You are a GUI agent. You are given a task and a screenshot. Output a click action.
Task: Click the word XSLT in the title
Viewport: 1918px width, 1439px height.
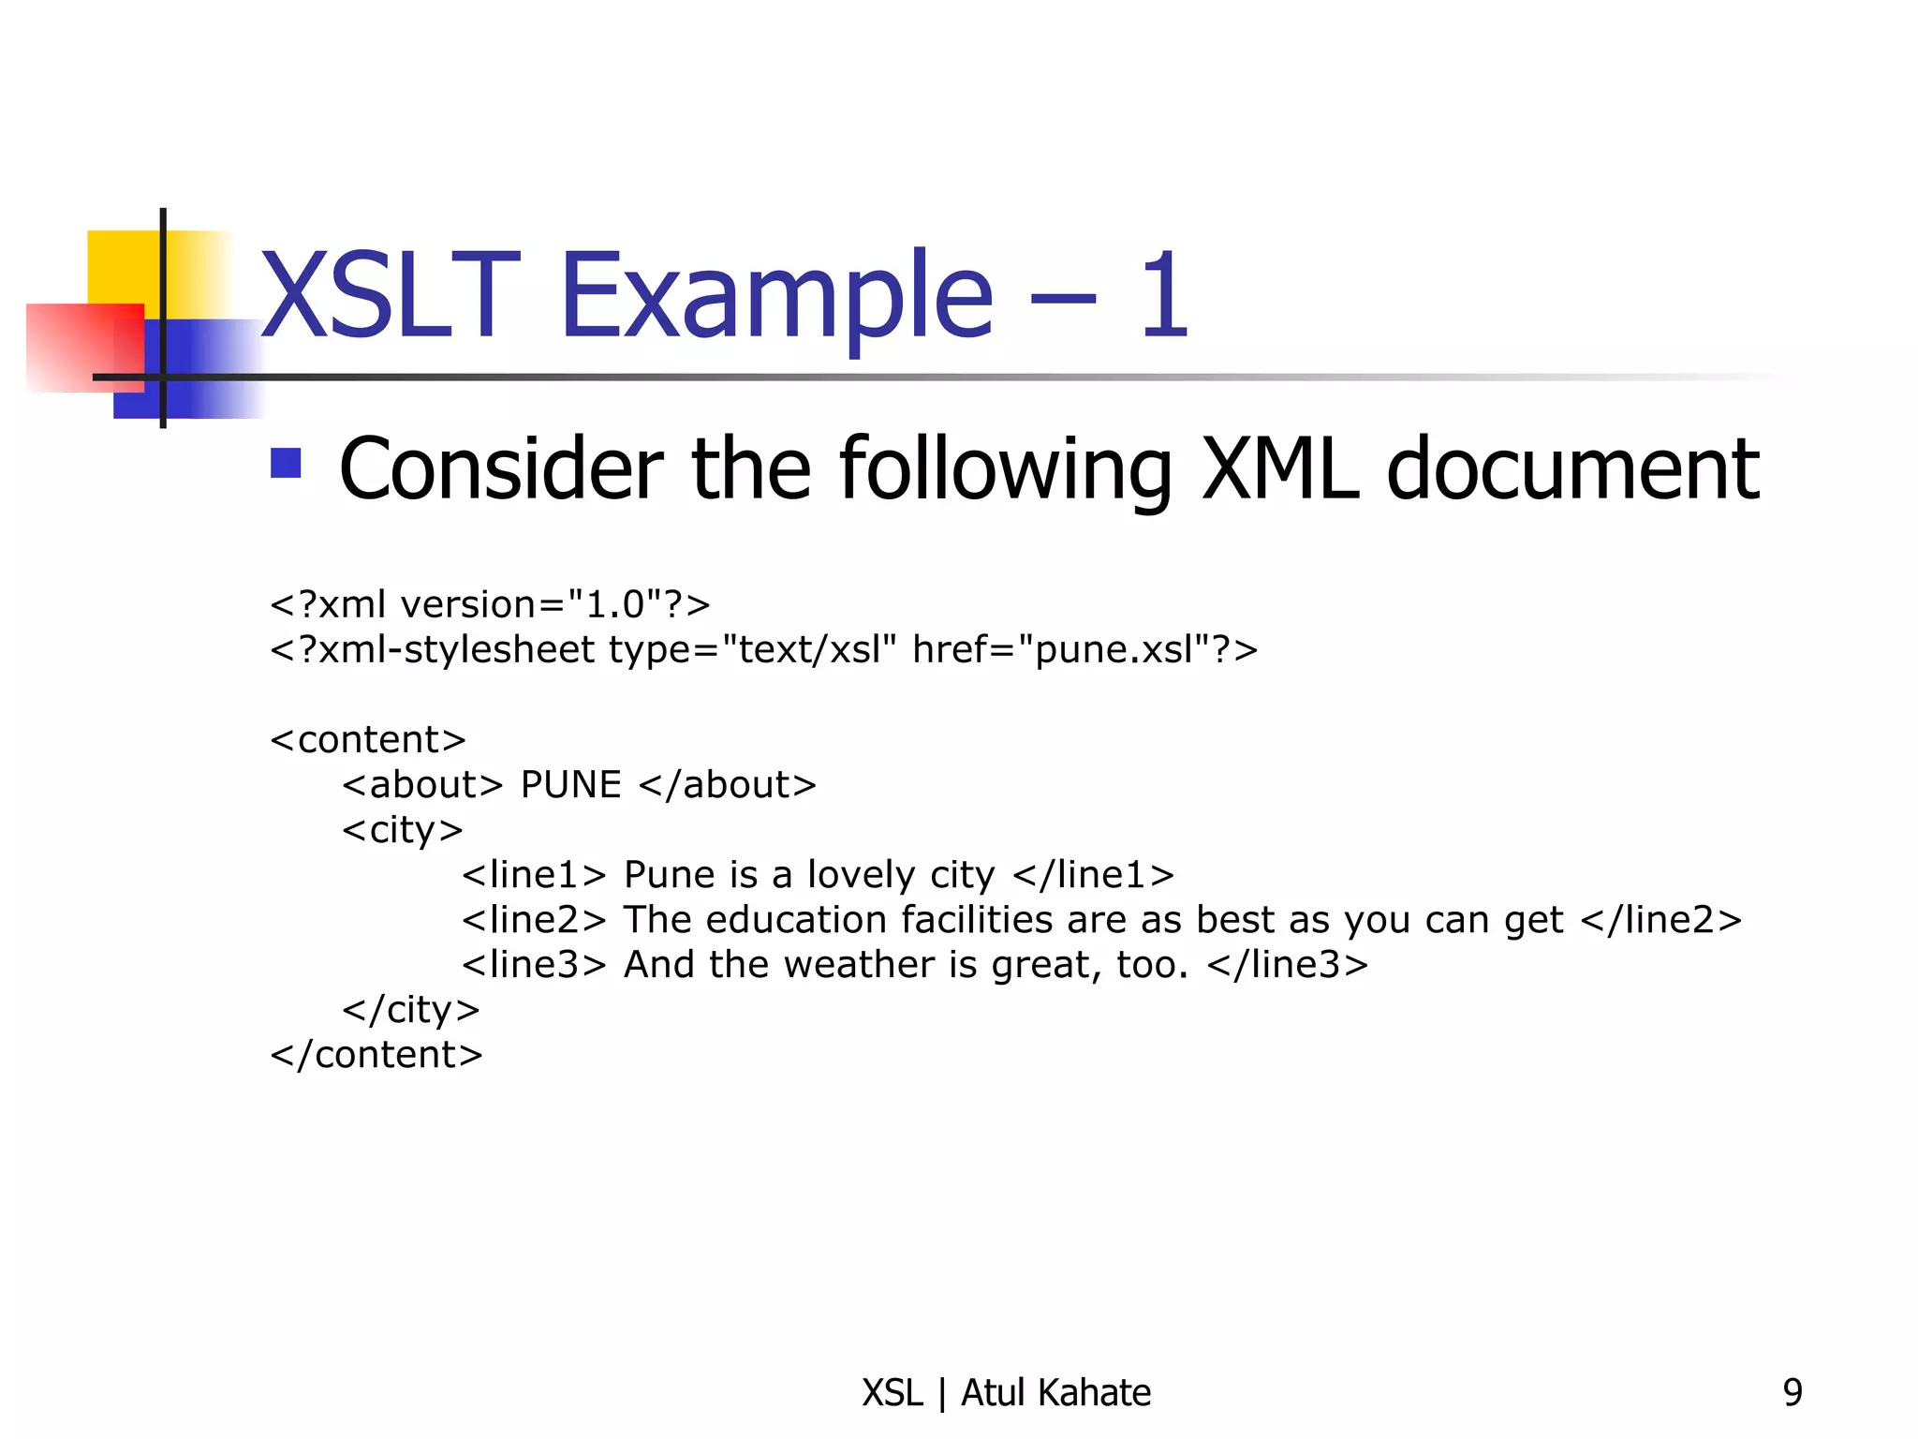point(390,295)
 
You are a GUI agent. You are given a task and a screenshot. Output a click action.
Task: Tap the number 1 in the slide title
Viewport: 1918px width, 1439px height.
point(1164,295)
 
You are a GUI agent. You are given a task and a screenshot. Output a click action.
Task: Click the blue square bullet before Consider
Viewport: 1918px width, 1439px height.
point(286,463)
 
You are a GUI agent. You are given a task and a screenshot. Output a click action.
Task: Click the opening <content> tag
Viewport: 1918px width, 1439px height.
point(368,740)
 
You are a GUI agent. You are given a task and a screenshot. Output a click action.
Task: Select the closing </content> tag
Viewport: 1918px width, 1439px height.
point(376,1055)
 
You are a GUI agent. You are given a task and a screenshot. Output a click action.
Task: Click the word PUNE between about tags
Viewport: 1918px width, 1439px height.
point(570,785)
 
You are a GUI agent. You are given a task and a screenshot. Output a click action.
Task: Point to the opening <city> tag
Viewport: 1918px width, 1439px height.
point(403,830)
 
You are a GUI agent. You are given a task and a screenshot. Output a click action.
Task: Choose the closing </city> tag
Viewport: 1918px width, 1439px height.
point(411,1010)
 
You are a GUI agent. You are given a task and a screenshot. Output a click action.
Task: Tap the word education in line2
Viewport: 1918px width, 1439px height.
point(796,920)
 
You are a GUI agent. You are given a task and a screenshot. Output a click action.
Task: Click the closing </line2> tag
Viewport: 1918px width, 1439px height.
point(1660,920)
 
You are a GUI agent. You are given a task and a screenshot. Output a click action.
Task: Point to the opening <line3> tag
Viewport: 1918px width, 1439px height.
point(535,965)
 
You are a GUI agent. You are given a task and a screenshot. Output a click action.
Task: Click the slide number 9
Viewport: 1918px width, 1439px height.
point(1793,1393)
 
